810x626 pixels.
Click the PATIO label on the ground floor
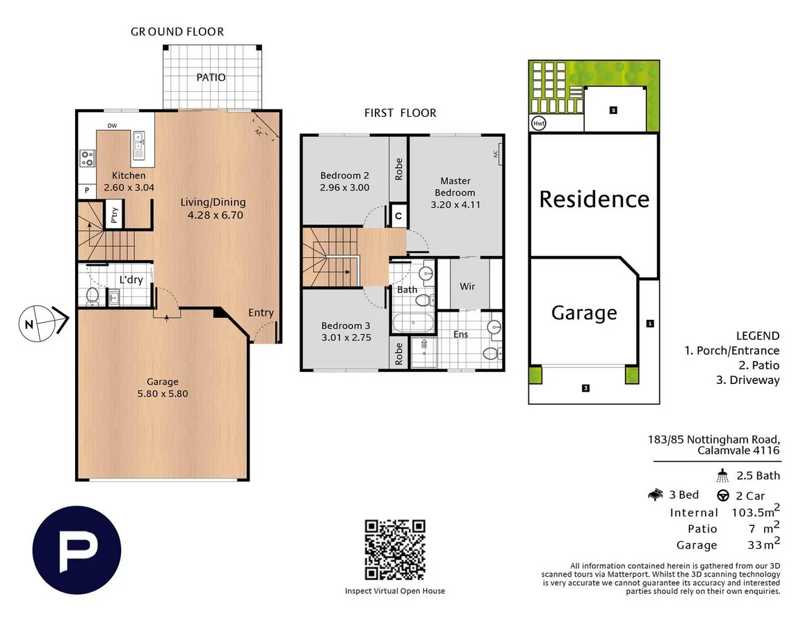(211, 77)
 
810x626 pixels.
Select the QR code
(395, 549)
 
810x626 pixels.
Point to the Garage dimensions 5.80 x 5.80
(163, 393)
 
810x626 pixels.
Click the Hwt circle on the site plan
(538, 123)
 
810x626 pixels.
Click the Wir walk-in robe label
(467, 286)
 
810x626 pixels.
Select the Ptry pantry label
(113, 215)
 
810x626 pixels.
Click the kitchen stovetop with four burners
(87, 158)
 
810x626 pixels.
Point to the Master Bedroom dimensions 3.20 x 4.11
(455, 204)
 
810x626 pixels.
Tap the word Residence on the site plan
(594, 199)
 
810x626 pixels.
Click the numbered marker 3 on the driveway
(586, 388)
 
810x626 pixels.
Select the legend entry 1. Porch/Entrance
(731, 351)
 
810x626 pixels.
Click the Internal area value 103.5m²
(756, 513)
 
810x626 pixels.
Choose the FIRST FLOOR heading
(400, 113)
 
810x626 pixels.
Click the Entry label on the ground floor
(261, 313)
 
